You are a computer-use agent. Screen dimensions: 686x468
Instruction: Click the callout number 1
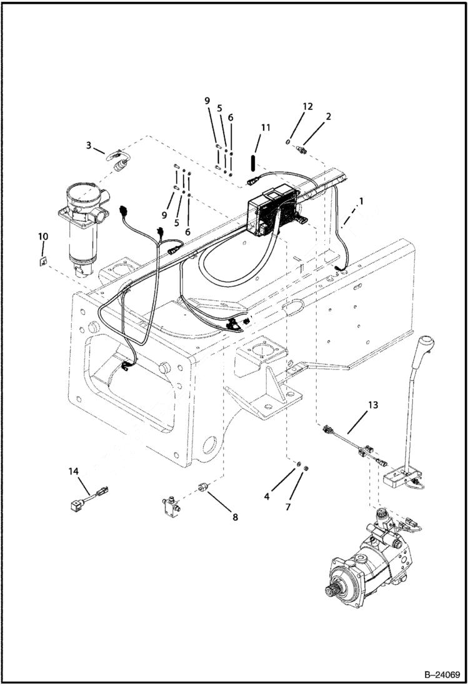pos(360,202)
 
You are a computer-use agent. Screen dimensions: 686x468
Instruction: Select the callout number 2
pos(329,116)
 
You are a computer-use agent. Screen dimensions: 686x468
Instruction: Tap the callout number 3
pos(89,145)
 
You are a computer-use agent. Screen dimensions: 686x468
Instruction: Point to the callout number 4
pos(267,497)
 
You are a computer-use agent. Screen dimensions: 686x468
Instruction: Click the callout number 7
pos(288,507)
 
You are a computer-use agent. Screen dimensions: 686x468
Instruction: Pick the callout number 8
pos(235,517)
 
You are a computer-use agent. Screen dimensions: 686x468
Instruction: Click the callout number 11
pos(266,128)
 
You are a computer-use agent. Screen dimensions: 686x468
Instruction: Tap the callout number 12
pos(307,106)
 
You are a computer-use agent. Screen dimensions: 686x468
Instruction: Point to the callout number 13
pos(372,405)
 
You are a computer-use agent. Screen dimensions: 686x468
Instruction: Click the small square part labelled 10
pos(42,261)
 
